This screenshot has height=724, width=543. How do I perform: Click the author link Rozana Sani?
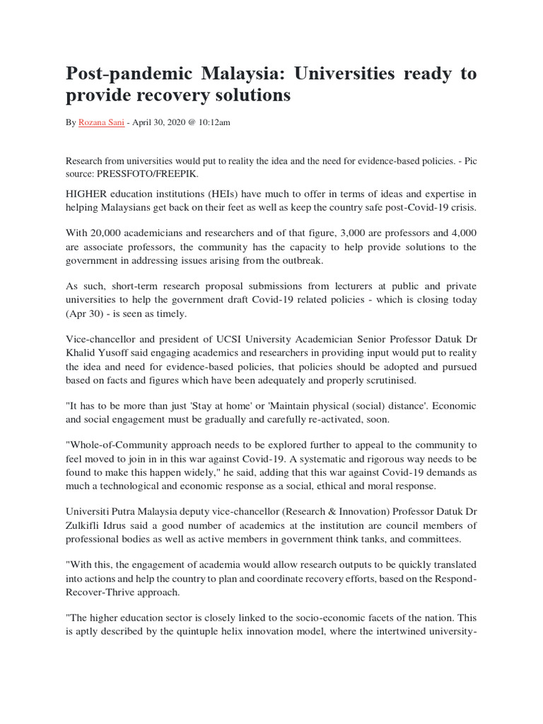[x=102, y=122]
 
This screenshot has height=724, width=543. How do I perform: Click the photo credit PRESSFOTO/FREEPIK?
[x=141, y=173]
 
